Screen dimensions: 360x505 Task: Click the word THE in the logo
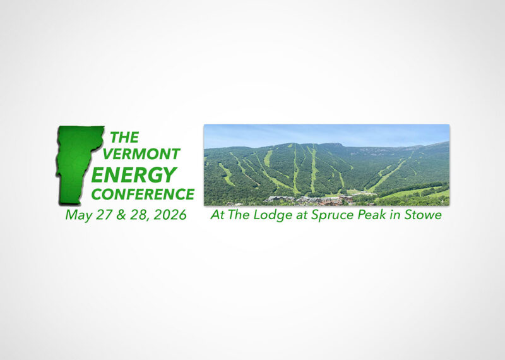(x=124, y=137)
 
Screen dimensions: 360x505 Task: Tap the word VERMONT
(x=141, y=153)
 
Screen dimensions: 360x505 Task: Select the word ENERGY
(x=134, y=174)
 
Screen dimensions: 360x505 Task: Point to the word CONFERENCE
(x=143, y=193)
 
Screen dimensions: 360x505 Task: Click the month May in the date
(x=77, y=215)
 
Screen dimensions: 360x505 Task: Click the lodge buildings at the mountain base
(x=309, y=200)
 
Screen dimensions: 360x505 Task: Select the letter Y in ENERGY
(x=169, y=174)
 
